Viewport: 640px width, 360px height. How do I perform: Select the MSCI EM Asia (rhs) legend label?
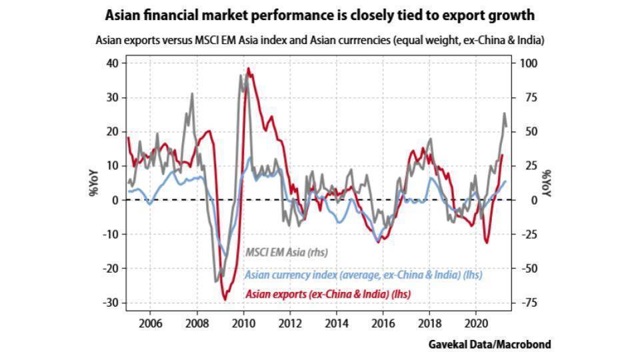[x=287, y=253]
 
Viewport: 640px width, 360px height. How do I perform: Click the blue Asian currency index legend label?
[x=363, y=274]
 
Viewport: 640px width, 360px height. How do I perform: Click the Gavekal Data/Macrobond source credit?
[x=491, y=344]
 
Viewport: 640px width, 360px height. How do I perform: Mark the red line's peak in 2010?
[x=248, y=68]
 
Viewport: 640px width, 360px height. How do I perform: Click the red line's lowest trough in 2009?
[x=225, y=299]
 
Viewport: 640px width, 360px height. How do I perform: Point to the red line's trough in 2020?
[x=486, y=243]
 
